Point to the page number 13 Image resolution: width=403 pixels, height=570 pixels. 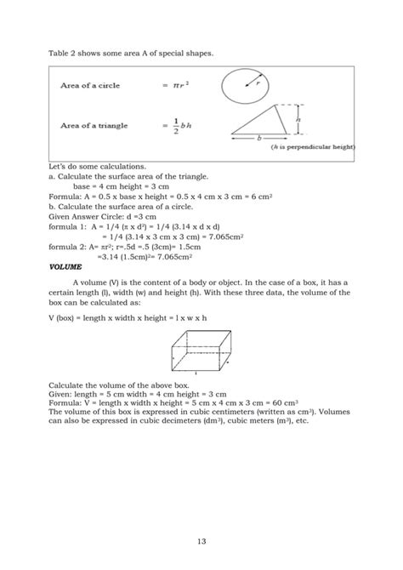point(201,540)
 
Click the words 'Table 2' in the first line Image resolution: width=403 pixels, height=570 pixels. point(63,54)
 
